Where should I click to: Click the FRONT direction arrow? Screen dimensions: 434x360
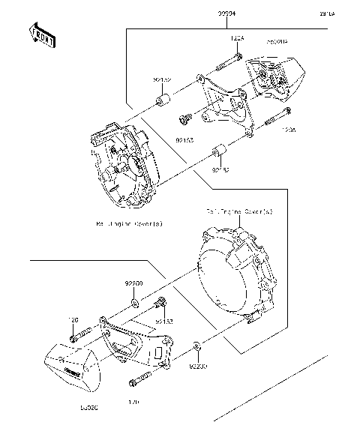(x=41, y=36)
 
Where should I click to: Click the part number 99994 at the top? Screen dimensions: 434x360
(x=185, y=14)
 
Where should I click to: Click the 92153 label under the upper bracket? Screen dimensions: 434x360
(x=185, y=139)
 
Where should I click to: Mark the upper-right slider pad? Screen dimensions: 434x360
(x=276, y=75)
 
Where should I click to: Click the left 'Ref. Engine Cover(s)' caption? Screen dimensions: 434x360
(x=129, y=224)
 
